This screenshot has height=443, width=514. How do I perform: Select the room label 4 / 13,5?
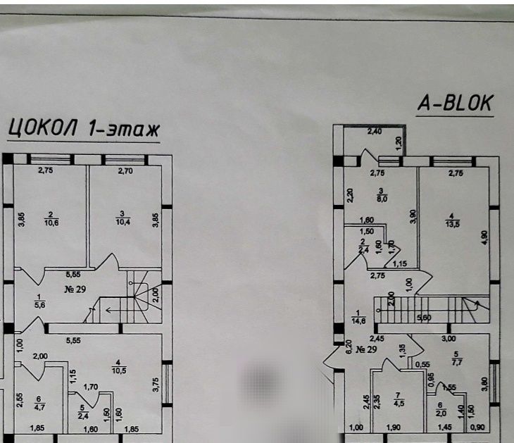(x=450, y=220)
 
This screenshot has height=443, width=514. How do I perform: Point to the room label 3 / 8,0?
(x=381, y=195)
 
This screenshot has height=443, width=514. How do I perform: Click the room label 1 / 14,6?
(x=358, y=316)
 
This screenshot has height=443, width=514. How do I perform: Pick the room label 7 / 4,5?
(x=398, y=399)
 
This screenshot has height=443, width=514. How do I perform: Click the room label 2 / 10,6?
(x=50, y=218)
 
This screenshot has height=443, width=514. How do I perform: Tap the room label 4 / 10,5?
(x=115, y=366)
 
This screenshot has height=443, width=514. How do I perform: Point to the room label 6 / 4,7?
(x=39, y=402)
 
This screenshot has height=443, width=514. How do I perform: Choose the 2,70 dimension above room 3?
(x=125, y=170)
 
